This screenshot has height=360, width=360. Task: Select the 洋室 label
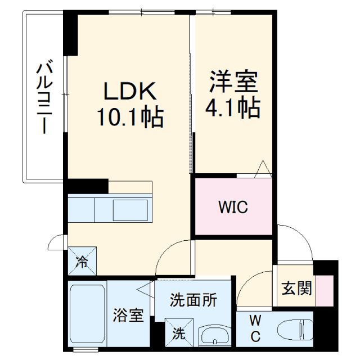(233, 82)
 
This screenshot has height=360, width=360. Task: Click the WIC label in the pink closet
(233, 207)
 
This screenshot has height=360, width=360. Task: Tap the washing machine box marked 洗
(179, 332)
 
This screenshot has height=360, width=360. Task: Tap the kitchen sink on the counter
(130, 210)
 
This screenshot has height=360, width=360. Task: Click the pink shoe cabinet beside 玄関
(324, 290)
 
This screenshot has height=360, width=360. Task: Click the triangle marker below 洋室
(262, 169)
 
